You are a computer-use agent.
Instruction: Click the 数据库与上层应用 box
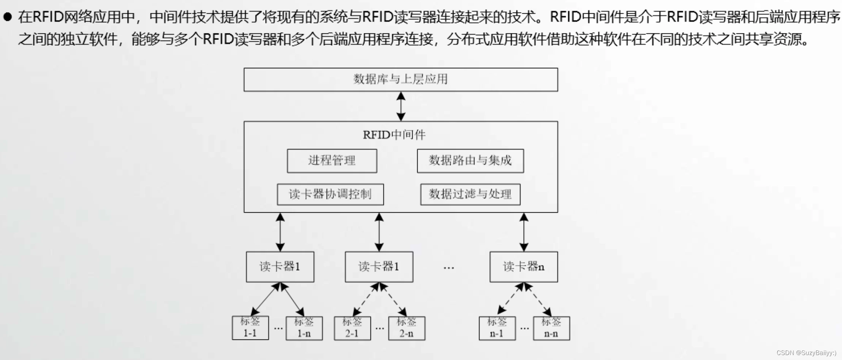click(400, 79)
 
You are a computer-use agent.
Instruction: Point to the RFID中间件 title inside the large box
click(394, 135)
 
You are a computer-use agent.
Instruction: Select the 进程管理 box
click(332, 161)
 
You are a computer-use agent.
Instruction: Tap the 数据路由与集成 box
click(470, 161)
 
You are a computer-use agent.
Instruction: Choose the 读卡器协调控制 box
click(330, 194)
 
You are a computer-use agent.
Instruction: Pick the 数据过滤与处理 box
click(470, 194)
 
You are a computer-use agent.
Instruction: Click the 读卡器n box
click(524, 267)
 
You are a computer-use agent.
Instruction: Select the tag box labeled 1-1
click(250, 328)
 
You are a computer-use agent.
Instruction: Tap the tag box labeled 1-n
click(304, 328)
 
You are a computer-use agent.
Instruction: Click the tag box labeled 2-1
click(352, 328)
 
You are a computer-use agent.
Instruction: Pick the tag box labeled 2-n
click(407, 328)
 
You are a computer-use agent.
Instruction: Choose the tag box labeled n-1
click(497, 328)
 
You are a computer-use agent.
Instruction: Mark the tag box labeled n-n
click(551, 328)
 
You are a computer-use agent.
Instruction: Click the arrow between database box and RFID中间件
click(401, 106)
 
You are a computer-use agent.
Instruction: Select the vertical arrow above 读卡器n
click(524, 232)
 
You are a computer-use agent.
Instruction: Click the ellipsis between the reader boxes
click(449, 268)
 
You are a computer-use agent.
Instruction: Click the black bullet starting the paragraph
click(7, 17)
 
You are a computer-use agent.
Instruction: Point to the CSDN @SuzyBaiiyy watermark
click(806, 353)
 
